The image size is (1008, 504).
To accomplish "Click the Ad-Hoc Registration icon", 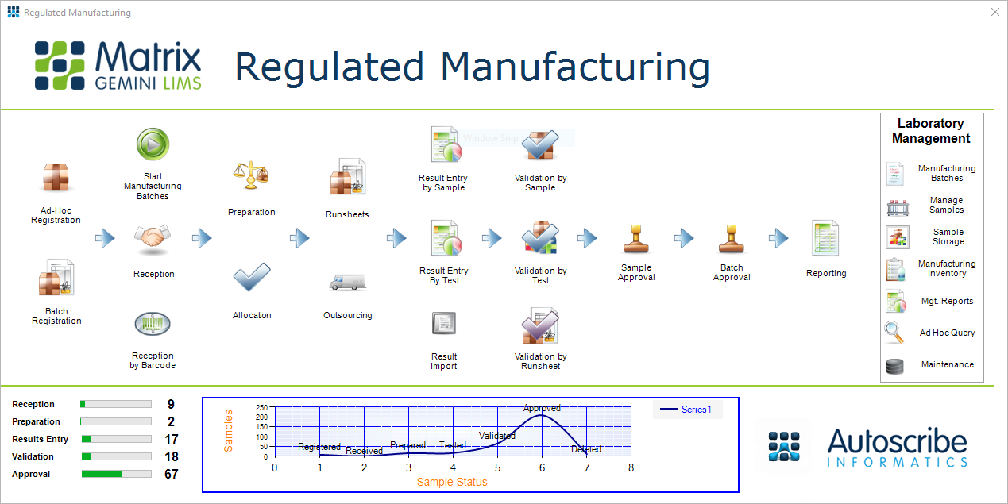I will click(56, 179).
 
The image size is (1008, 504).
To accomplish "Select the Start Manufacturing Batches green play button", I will click(153, 144).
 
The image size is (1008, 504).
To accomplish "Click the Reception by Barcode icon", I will click(153, 324).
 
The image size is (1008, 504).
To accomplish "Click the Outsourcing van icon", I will click(347, 282).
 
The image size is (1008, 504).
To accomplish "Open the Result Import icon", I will click(444, 324).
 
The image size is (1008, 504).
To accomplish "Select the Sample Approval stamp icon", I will click(636, 238).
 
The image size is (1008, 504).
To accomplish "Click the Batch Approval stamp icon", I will click(732, 238).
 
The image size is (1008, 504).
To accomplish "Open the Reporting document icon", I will click(826, 238).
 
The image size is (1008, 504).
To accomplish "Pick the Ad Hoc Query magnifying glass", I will click(894, 333).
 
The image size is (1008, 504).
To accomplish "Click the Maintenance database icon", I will click(894, 366).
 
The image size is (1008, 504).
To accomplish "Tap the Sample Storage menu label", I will click(948, 237).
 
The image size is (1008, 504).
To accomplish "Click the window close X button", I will click(994, 12).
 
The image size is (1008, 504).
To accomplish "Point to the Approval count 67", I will click(171, 474).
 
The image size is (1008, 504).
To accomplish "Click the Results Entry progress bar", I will click(116, 439).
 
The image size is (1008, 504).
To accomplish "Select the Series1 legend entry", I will click(687, 410).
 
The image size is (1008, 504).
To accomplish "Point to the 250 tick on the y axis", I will click(261, 407).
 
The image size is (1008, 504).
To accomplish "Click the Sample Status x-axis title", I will click(452, 482).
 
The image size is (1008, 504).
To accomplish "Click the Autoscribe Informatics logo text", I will click(897, 448).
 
